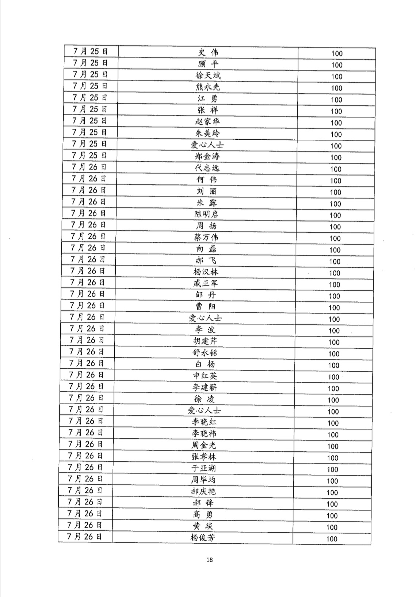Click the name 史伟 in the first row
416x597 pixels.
pyautogui.click(x=208, y=52)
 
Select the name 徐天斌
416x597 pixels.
pyautogui.click(x=208, y=76)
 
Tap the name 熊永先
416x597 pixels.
pyautogui.click(x=208, y=87)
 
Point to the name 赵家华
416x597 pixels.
pyautogui.click(x=207, y=122)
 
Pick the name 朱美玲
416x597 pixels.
pyautogui.click(x=207, y=133)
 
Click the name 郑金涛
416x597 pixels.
pyautogui.click(x=207, y=157)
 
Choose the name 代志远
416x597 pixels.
pyautogui.click(x=207, y=168)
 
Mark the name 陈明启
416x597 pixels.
pyautogui.click(x=206, y=214)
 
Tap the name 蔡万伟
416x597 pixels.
pyautogui.click(x=206, y=237)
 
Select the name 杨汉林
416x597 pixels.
pyautogui.click(x=206, y=272)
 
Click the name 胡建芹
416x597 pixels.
pyautogui.click(x=205, y=341)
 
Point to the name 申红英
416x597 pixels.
pyautogui.click(x=205, y=376)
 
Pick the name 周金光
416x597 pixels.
pyautogui.click(x=204, y=445)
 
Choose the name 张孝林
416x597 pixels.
pyautogui.click(x=204, y=457)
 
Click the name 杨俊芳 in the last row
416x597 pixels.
pyautogui.click(x=203, y=538)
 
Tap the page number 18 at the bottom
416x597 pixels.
pyautogui.click(x=209, y=560)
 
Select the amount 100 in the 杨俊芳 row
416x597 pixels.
pyautogui.click(x=332, y=539)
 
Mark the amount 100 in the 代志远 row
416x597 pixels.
pyautogui.click(x=336, y=169)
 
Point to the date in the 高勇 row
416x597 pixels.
pyautogui.click(x=85, y=514)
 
